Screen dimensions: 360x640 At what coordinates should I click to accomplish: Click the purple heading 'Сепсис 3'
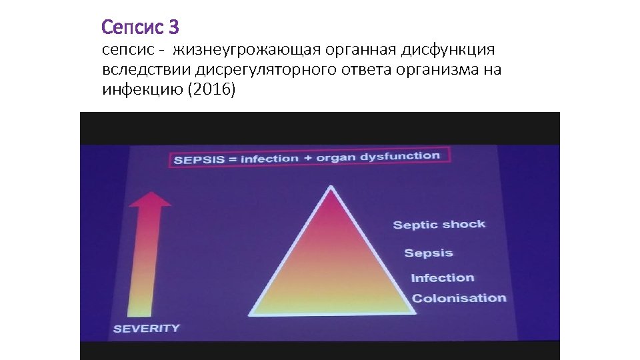point(140,27)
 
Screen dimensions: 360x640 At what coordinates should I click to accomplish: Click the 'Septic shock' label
point(439,225)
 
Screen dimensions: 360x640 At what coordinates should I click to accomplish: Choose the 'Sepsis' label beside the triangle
point(429,253)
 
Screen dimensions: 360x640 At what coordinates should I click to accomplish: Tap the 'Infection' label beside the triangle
point(442,278)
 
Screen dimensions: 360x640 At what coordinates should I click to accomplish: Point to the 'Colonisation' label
point(459,298)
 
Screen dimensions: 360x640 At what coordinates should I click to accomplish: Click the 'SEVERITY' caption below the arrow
point(146,328)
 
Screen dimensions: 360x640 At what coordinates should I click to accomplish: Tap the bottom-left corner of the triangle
point(253,313)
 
